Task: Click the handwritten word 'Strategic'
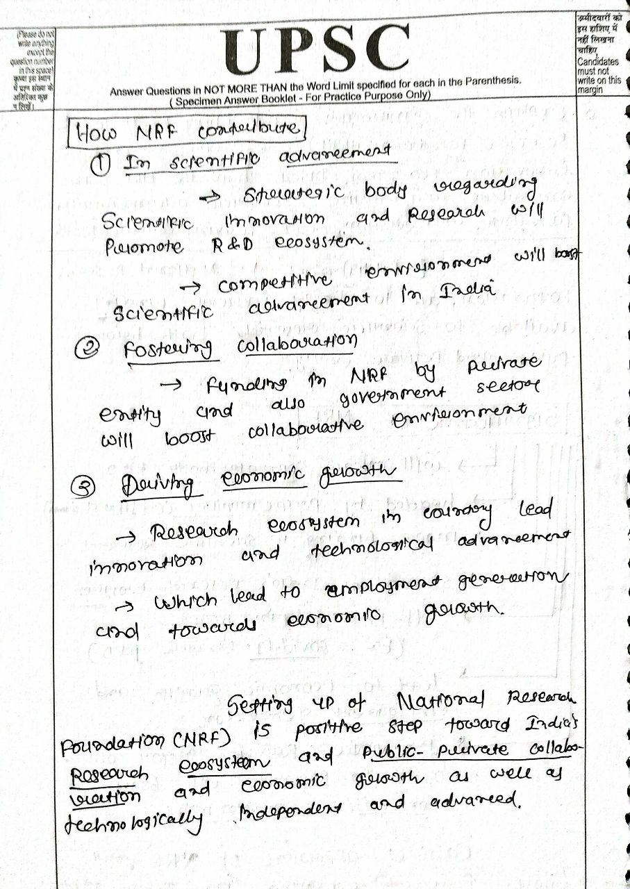(292, 195)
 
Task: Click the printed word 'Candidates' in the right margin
(597, 63)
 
